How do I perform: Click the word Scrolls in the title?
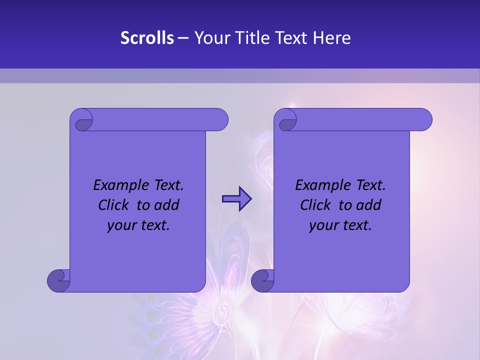[147, 38]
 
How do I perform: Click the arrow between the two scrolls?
[236, 199]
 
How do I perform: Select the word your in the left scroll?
[121, 225]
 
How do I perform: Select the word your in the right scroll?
[323, 225]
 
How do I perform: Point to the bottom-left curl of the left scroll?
[58, 281]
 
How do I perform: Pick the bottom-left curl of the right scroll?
[262, 281]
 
